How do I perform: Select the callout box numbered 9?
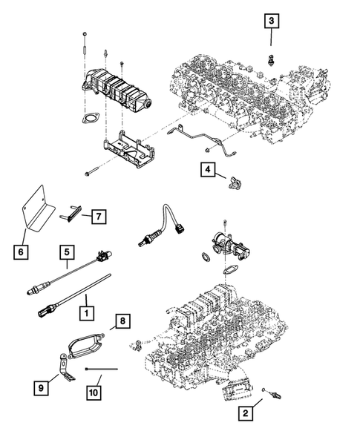point(44,387)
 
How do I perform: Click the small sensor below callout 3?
point(272,60)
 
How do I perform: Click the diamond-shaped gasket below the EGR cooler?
point(92,118)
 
